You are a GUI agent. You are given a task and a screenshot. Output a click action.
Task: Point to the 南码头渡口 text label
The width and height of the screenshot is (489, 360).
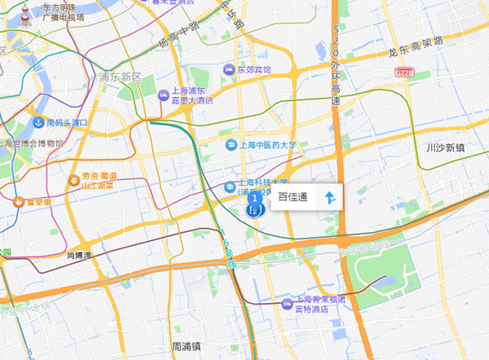coord(66,123)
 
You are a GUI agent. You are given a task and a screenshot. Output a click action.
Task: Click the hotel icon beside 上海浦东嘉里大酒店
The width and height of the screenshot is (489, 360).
coord(163,96)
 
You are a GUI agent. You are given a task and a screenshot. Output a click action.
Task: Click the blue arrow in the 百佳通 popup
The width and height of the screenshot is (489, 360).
coord(330,197)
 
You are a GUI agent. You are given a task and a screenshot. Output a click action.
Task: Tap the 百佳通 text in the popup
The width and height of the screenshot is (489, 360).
coord(293,197)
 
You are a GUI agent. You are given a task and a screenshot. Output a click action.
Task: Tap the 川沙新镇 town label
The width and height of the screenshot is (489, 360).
coord(446,148)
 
